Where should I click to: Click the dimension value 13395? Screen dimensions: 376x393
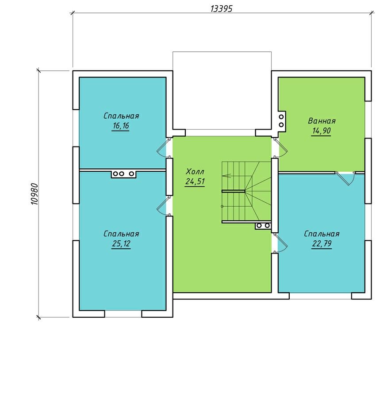pos(222,9)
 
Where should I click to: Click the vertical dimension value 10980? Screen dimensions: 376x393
pos(35,194)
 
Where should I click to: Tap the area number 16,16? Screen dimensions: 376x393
pos(121,126)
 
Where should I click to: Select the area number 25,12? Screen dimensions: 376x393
pos(121,243)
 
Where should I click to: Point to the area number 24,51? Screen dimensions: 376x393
pos(195,181)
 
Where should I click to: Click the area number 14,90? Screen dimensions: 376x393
pos(322,131)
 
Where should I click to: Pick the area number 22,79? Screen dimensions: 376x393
pos(322,243)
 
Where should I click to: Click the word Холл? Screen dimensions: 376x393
pos(195,172)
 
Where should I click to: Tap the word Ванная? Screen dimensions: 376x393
pos(322,121)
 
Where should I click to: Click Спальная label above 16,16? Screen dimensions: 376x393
pos(121,116)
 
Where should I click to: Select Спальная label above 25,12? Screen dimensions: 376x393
pos(121,234)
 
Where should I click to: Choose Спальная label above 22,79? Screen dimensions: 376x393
pos(322,234)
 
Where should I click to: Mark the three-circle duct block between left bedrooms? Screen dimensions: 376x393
pos(124,173)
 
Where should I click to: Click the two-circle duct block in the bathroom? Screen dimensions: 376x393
pos(282,120)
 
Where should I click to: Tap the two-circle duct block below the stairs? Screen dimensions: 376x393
pos(263,226)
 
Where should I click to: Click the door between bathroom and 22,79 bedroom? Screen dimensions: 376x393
pos(345,177)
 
